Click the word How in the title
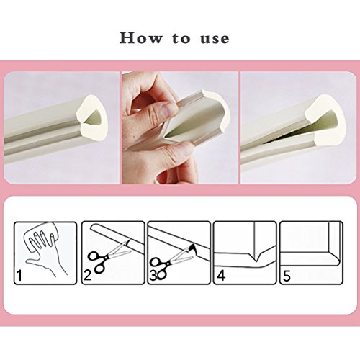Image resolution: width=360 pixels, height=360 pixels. [x=141, y=38]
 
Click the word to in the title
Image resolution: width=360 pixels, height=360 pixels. [x=181, y=38]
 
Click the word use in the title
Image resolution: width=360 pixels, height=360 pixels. [x=215, y=39]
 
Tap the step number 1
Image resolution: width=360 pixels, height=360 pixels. [x=19, y=275]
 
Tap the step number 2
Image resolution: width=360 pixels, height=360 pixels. [x=87, y=275]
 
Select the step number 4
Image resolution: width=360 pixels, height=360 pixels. [x=221, y=275]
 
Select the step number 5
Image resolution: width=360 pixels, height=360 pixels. [x=287, y=276]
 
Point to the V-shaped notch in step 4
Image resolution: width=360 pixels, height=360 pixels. [x=256, y=257]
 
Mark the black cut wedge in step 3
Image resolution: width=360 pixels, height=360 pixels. [x=193, y=250]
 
